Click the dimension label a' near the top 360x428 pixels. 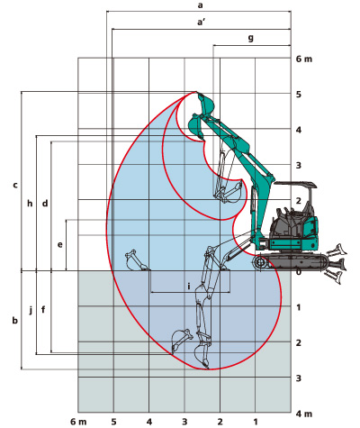pyautogui.click(x=201, y=22)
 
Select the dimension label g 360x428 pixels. pyautogui.click(x=251, y=38)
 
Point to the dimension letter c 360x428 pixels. pyautogui.click(x=15, y=185)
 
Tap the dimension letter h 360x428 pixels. pyautogui.click(x=30, y=204)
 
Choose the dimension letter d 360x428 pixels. pyautogui.click(x=45, y=204)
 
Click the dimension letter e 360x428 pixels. pyautogui.click(x=60, y=245)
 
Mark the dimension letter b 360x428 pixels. pyautogui.click(x=15, y=321)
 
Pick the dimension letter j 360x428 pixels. pyautogui.click(x=31, y=310)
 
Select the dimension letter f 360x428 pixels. pyautogui.click(x=43, y=309)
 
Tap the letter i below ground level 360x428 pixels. pyautogui.click(x=189, y=287)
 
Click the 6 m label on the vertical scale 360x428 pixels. pyautogui.click(x=304, y=59)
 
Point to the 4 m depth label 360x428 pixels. pyautogui.click(x=304, y=414)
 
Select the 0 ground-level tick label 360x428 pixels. pyautogui.click(x=299, y=272)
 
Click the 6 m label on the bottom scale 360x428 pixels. pyautogui.click(x=78, y=422)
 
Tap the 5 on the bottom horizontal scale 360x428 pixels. pyautogui.click(x=113, y=422)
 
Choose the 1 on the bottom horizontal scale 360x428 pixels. pyautogui.click(x=256, y=422)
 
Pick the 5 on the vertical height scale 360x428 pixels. pyautogui.click(x=299, y=95)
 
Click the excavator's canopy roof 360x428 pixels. pyautogui.click(x=296, y=184)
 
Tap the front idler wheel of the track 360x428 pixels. pyautogui.click(x=260, y=263)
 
